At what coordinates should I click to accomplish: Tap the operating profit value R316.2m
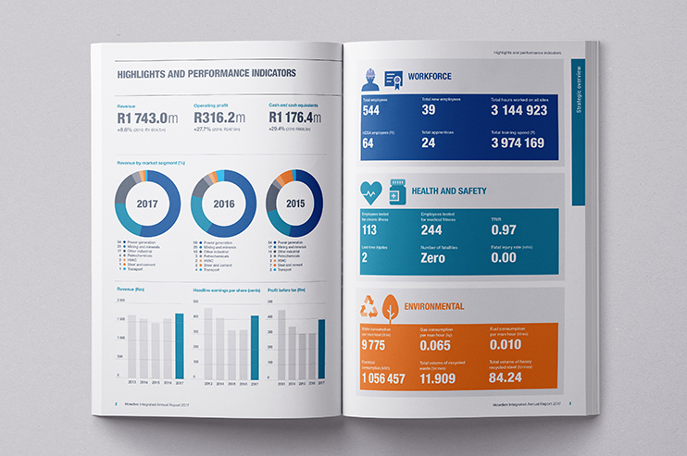coord(219,117)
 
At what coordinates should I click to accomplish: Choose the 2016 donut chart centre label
coord(223,202)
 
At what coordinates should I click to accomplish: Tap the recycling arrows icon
coord(370,306)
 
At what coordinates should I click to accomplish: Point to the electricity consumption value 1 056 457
coord(384,378)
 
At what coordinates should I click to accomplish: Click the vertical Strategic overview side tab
coord(579,134)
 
